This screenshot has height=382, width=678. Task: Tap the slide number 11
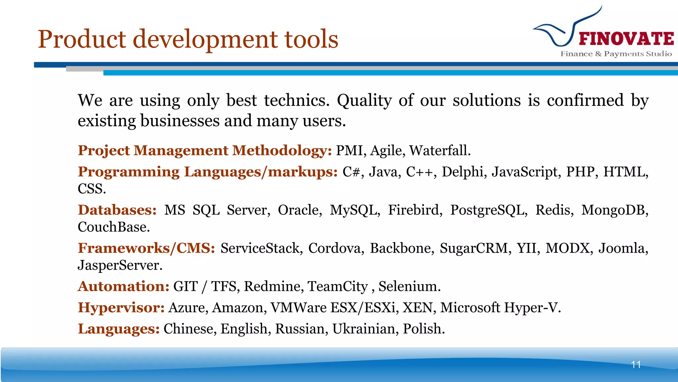(x=636, y=364)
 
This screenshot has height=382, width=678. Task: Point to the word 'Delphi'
(x=462, y=172)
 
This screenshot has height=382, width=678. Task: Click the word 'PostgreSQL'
(x=488, y=210)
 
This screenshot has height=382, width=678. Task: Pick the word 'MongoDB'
(x=614, y=210)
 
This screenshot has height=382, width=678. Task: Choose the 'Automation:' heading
(x=123, y=286)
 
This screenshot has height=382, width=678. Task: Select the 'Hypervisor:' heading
(x=121, y=307)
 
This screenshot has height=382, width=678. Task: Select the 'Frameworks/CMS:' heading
(x=146, y=248)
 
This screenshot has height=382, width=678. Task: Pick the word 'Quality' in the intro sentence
(x=364, y=100)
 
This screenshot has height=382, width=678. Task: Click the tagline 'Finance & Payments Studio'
(x=616, y=54)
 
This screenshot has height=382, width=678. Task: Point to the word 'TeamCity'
(x=338, y=286)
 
